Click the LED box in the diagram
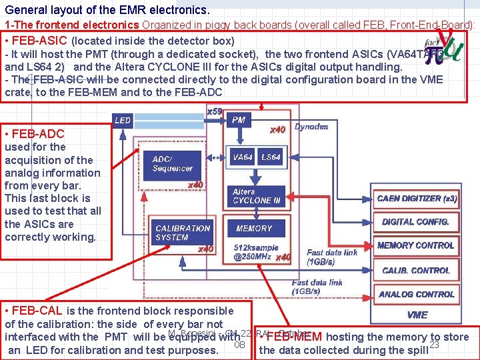tap(123, 120)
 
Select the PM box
tap(239, 120)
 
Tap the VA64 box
tap(243, 157)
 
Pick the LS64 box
tap(271, 157)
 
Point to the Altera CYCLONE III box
tap(253, 196)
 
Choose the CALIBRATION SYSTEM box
tap(181, 233)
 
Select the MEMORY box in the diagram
tap(254, 229)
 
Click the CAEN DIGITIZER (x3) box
tap(417, 199)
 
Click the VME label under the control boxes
tap(417, 315)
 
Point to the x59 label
tap(215, 111)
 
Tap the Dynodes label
tap(311, 127)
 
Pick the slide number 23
tap(434, 344)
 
